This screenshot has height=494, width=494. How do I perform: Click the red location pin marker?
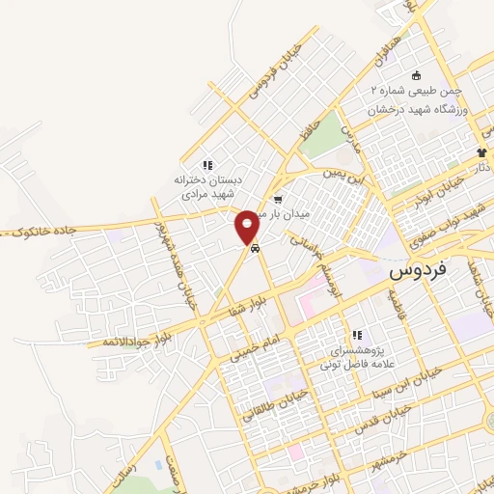[x=248, y=227]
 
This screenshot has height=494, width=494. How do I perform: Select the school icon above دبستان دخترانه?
[x=207, y=164]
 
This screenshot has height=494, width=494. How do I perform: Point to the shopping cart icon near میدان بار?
[x=278, y=201]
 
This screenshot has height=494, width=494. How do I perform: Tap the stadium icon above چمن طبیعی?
[x=416, y=75]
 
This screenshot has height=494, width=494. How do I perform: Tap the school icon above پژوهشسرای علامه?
[x=357, y=335]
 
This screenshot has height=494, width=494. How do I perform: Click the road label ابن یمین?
[x=345, y=176]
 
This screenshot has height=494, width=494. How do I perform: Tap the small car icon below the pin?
[x=254, y=249]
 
